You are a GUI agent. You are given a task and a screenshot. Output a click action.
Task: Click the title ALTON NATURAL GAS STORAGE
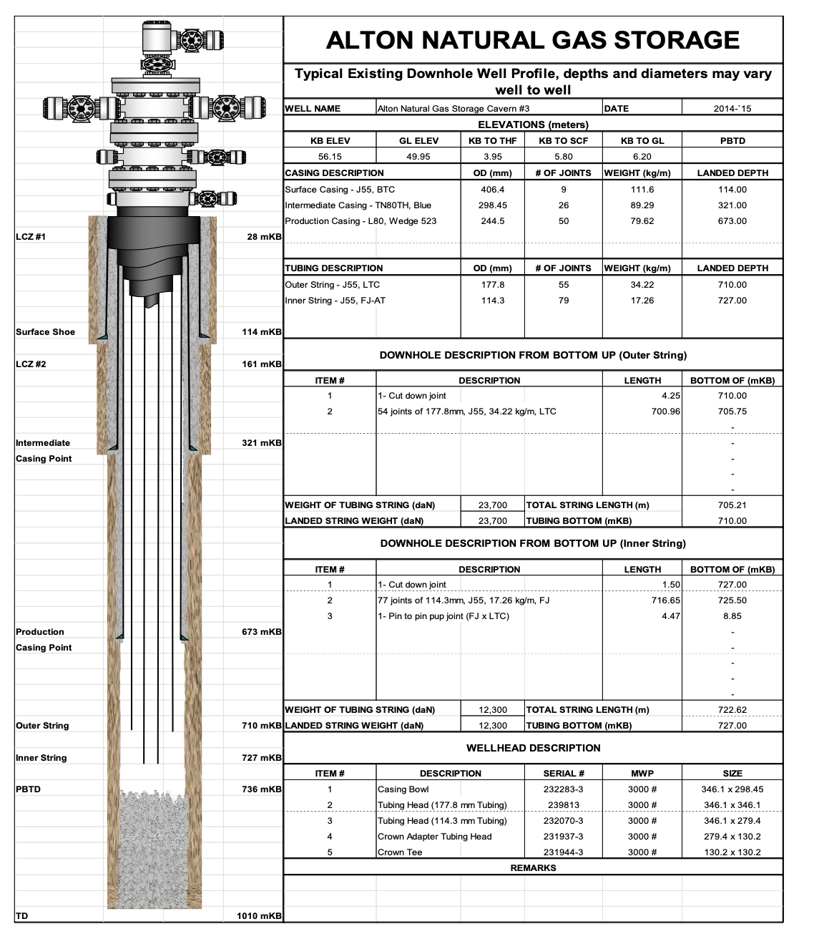pos(533,40)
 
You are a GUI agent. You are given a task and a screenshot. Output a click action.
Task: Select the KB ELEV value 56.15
pos(330,157)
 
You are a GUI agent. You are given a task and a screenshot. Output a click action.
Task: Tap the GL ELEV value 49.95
pos(418,157)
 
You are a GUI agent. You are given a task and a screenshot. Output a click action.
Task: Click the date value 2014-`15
pos(732,109)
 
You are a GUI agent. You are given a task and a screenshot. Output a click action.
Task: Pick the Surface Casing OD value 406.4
pos(493,190)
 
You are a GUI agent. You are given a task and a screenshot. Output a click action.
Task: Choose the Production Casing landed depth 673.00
pos(732,221)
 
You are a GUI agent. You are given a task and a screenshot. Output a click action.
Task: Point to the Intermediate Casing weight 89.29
pos(642,205)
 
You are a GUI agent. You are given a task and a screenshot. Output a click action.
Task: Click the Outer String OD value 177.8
pos(493,285)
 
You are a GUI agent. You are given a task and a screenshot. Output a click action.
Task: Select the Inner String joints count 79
pos(564,301)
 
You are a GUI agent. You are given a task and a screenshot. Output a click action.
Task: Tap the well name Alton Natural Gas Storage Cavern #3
pos(453,109)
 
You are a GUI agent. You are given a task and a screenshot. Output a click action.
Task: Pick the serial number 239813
pos(564,805)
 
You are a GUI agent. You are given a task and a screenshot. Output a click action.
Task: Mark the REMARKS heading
pos(533,868)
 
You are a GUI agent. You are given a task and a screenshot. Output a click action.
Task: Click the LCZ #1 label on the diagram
pos(31,237)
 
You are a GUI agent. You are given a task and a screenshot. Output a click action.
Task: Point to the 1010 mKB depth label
pos(259,916)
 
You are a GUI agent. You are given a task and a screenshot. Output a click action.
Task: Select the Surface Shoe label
pos(45,332)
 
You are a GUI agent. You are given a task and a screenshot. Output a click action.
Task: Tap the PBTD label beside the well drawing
pos(29,789)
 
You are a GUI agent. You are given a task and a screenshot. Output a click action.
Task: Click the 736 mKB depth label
pos(262,789)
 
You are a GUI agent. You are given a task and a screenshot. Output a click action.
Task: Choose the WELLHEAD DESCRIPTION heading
pos(533,748)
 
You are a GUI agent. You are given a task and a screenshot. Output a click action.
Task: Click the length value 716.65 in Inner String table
pos(666,600)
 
